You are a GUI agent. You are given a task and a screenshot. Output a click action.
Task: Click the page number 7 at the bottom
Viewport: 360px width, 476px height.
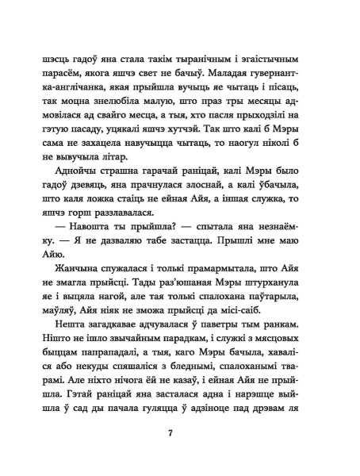point(181,433)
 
